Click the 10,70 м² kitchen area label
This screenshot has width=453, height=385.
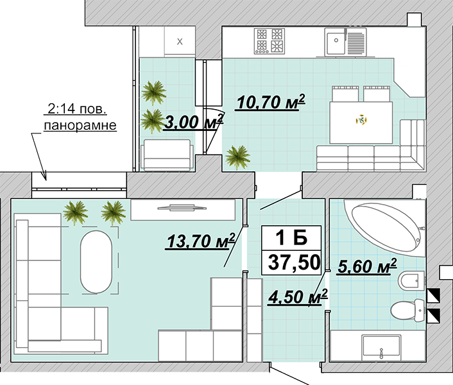coord(271,101)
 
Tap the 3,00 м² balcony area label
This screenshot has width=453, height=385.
coord(194,122)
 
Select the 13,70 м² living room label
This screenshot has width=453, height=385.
coord(201,241)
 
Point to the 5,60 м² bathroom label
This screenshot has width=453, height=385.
coord(367,266)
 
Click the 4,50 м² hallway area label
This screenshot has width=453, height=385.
coord(298,297)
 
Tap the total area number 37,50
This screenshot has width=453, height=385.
coord(294,262)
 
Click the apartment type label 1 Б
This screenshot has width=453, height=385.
coord(291,238)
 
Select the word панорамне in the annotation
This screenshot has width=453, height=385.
coord(80,125)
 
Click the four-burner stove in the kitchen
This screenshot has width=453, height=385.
coord(269,41)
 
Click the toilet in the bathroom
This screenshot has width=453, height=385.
coord(407,311)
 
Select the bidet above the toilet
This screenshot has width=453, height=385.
coord(411,280)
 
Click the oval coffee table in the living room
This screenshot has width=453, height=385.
coord(96,262)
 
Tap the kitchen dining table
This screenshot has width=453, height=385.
coord(361,123)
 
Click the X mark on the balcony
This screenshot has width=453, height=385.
coord(180,42)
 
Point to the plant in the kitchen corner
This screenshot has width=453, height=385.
coord(237,157)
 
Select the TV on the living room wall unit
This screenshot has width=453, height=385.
coord(182,207)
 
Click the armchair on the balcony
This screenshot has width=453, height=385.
coord(167,155)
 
